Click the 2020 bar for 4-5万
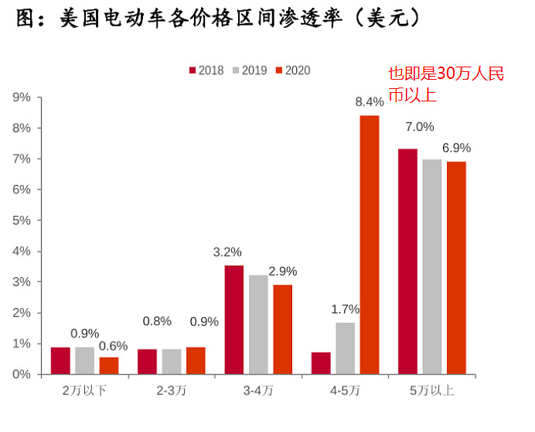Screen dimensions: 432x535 pyautogui.click(x=370, y=245)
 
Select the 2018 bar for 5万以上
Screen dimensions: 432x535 pyautogui.click(x=407, y=262)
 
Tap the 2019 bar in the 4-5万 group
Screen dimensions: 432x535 pyautogui.click(x=346, y=348)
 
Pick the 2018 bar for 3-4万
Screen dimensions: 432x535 pyautogui.click(x=234, y=320)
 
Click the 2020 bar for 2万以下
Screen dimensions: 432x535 pyautogui.click(x=109, y=365)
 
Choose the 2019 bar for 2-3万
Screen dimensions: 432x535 pyautogui.click(x=172, y=362)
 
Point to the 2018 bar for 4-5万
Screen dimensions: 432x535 pyautogui.click(x=321, y=363)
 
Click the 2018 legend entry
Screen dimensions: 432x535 pyautogui.click(x=206, y=70)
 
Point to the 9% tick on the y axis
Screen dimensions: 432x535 pyautogui.click(x=21, y=97)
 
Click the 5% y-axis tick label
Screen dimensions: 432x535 pyautogui.click(x=21, y=220)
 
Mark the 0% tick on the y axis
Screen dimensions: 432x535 pyautogui.click(x=21, y=374)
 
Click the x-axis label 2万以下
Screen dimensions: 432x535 pyautogui.click(x=84, y=390)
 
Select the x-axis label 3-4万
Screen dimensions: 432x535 pyautogui.click(x=258, y=390)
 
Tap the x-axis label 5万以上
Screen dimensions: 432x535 pyautogui.click(x=431, y=390)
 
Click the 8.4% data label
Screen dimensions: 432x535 pyautogui.click(x=370, y=101)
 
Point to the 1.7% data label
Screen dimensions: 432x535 pyautogui.click(x=346, y=309)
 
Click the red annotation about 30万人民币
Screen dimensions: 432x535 pyautogui.click(x=445, y=84)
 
